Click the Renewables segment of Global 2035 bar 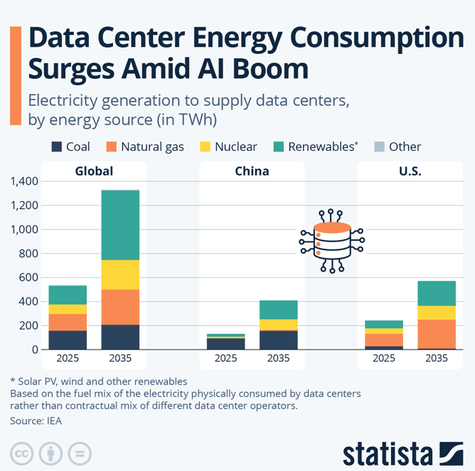pos(120,225)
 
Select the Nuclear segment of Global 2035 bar pos(120,274)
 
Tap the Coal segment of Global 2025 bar pos(68,340)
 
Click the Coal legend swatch pos(56,147)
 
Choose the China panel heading pos(252,171)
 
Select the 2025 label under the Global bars pos(68,358)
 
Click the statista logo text pos(388,453)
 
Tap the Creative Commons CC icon pos(23,453)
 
